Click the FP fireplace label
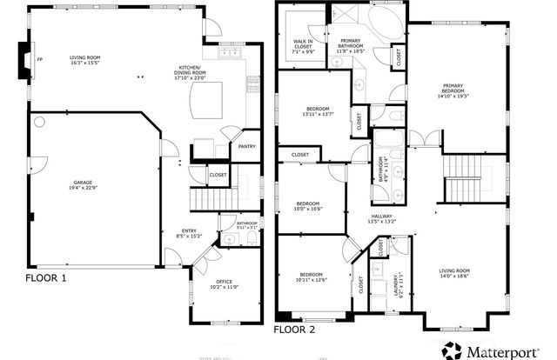click(40, 60)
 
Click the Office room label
click(225, 283)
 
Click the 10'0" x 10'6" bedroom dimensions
click(309, 208)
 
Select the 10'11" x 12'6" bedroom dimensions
click(311, 279)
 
